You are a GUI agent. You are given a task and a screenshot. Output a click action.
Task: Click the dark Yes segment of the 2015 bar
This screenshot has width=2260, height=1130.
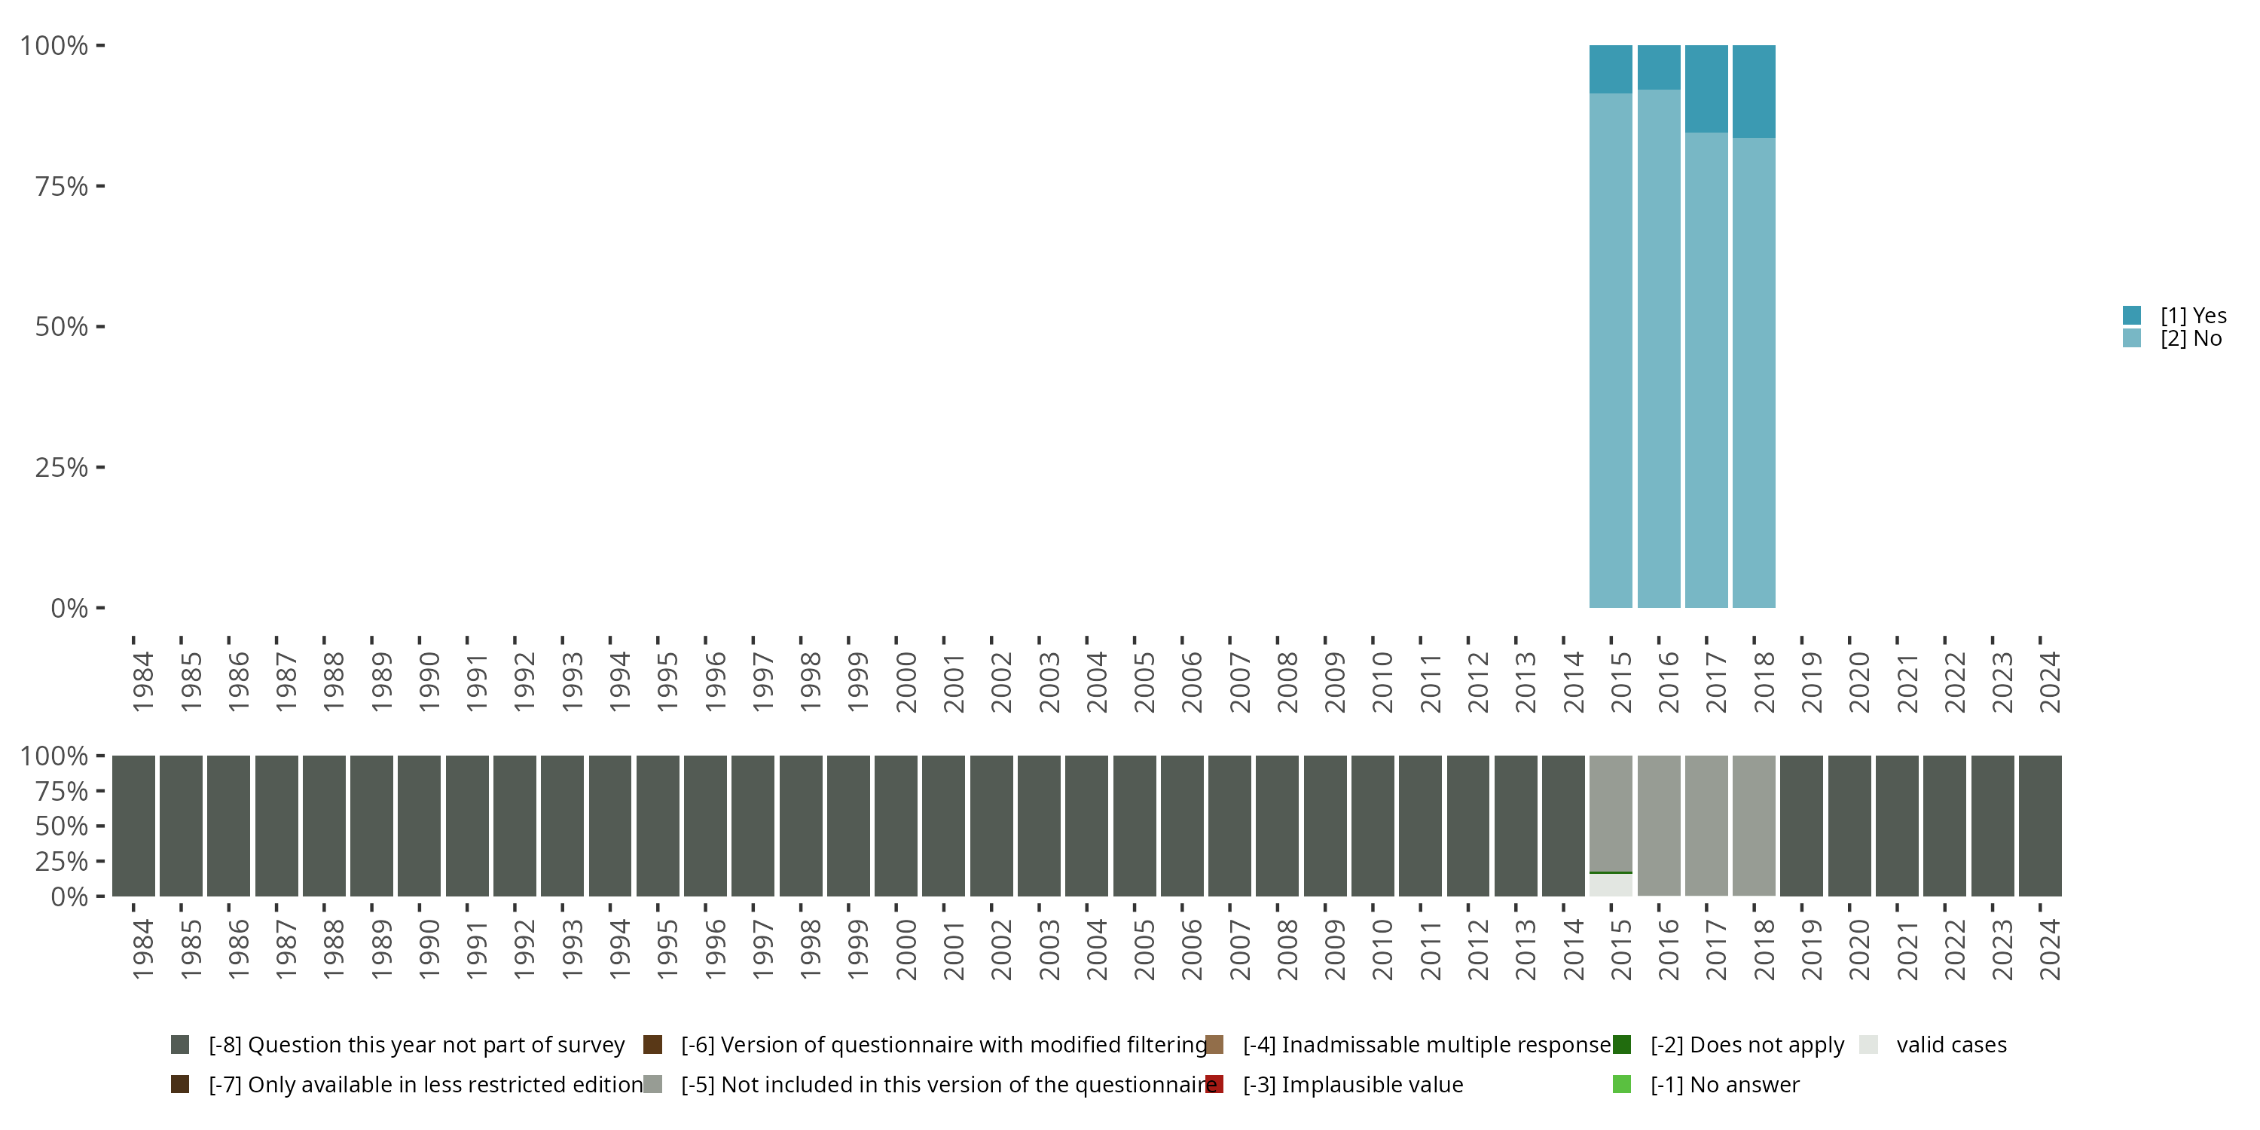(x=1611, y=69)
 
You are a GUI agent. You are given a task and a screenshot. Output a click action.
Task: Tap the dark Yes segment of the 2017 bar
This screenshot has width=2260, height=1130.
(x=1706, y=87)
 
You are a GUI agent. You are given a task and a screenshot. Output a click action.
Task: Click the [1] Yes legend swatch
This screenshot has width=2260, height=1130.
(x=2132, y=315)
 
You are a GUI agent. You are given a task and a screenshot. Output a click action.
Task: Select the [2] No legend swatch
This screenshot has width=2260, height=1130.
(x=2132, y=339)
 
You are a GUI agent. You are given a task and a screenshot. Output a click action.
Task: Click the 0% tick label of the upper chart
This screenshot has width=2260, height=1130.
(x=69, y=608)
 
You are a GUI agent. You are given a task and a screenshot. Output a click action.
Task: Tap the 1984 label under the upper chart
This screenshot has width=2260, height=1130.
(x=143, y=682)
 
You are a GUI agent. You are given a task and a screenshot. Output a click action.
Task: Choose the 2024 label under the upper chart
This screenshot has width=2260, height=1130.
(x=2049, y=682)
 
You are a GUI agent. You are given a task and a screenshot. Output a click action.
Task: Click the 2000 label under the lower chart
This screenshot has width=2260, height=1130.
(x=906, y=949)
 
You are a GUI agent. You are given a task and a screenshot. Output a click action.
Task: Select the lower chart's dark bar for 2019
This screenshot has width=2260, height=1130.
(x=1801, y=825)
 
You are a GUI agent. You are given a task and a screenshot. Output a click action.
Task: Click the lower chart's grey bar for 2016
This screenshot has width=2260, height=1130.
(x=1659, y=825)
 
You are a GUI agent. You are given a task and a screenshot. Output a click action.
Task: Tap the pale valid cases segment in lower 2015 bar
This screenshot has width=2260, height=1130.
(x=1611, y=885)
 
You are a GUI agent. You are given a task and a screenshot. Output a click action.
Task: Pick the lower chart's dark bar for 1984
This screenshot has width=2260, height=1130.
(x=133, y=825)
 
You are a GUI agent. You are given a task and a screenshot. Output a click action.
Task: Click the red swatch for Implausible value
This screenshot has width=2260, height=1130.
(x=1214, y=1084)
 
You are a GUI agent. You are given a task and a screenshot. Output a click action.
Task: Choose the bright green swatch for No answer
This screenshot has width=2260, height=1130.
(x=1621, y=1084)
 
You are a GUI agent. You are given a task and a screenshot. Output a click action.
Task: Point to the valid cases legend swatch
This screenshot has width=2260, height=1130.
(x=1869, y=1045)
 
